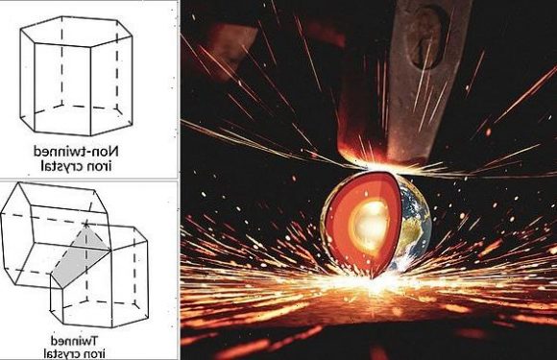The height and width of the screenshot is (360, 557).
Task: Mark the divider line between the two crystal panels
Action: coord(88,179)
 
